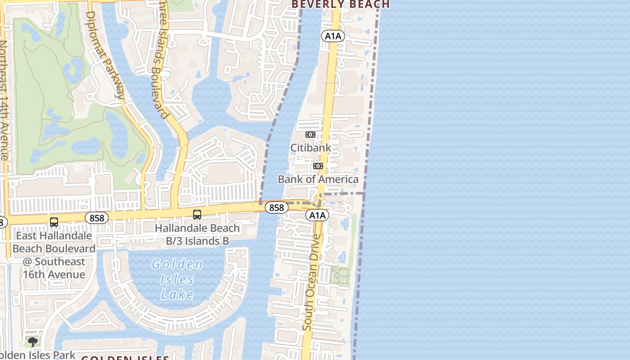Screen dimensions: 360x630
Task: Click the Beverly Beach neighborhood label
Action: click(341, 4)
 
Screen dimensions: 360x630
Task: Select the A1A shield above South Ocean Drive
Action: click(318, 216)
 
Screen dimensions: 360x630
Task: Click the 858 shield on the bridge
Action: click(276, 207)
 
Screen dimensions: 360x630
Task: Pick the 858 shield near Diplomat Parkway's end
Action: click(97, 218)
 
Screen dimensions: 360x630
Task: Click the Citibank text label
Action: click(310, 148)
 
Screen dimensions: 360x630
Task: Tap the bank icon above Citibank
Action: click(310, 135)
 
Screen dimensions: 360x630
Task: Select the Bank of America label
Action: click(318, 179)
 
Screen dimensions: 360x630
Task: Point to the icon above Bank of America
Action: click(318, 166)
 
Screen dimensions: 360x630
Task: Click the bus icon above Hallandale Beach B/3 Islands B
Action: click(197, 215)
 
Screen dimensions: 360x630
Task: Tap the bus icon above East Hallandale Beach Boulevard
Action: click(54, 222)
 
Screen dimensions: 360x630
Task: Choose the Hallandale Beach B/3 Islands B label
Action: click(197, 234)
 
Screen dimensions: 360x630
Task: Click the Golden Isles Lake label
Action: click(177, 279)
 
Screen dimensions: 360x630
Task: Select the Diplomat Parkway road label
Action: click(104, 54)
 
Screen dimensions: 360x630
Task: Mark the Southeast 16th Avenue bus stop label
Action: click(54, 255)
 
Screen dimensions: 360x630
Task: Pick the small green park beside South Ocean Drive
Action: click(340, 276)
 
